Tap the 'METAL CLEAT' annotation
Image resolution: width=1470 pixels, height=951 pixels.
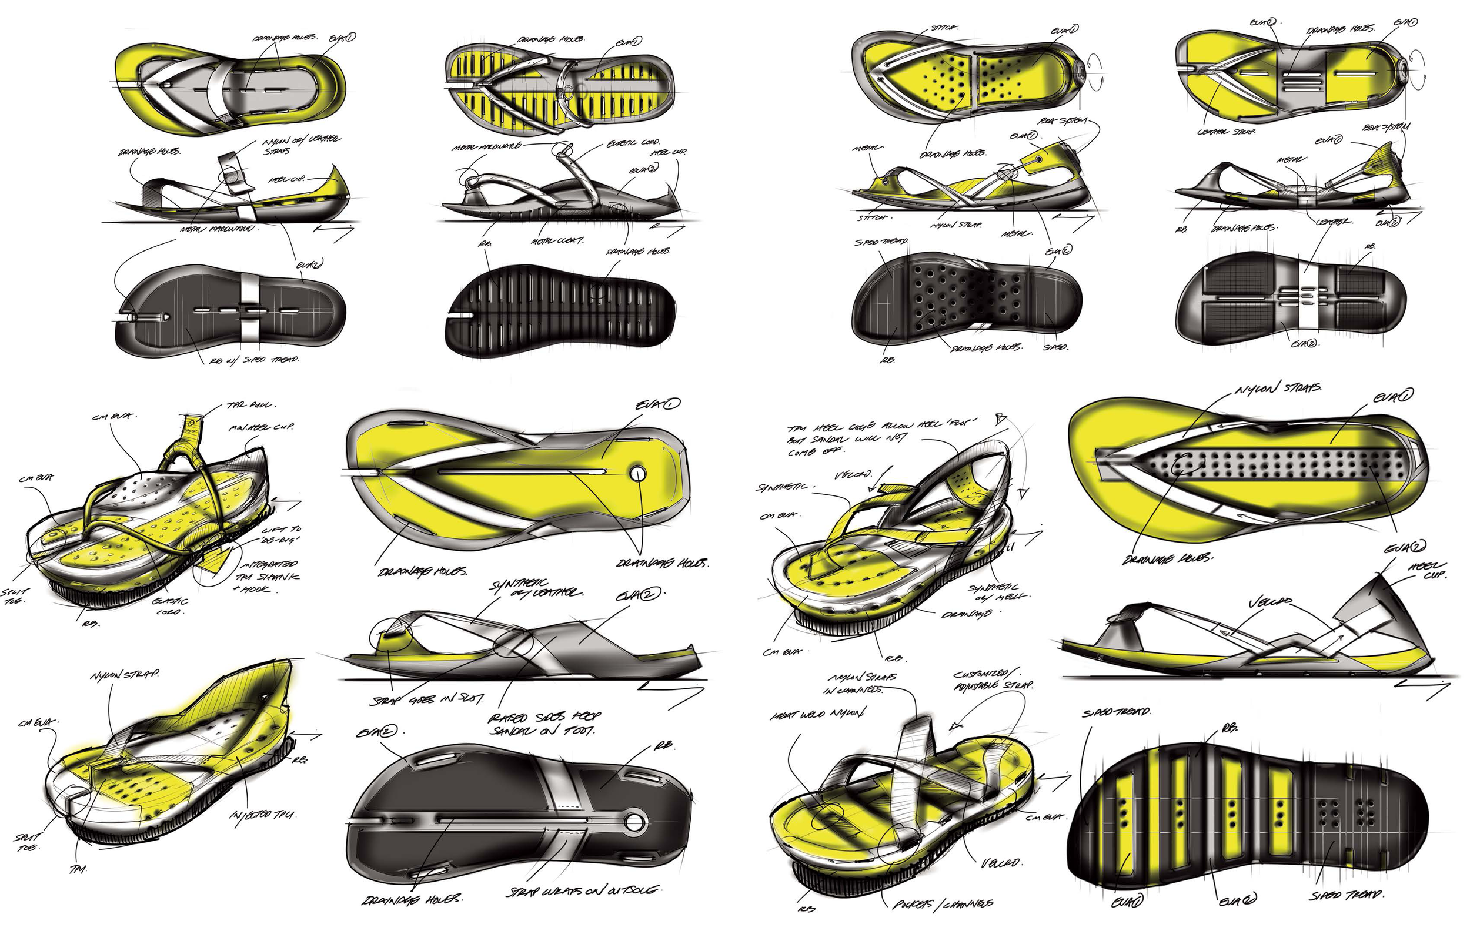[556, 240]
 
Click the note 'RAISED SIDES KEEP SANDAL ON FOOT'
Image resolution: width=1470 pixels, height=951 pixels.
[543, 724]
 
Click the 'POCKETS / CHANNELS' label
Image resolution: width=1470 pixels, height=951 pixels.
[942, 903]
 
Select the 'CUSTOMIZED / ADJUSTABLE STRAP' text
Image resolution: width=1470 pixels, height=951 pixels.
[993, 679]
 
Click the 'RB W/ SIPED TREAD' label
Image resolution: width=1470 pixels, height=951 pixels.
[255, 359]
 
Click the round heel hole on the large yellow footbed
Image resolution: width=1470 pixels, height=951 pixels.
[638, 474]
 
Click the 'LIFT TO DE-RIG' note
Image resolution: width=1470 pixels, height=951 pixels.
[281, 534]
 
